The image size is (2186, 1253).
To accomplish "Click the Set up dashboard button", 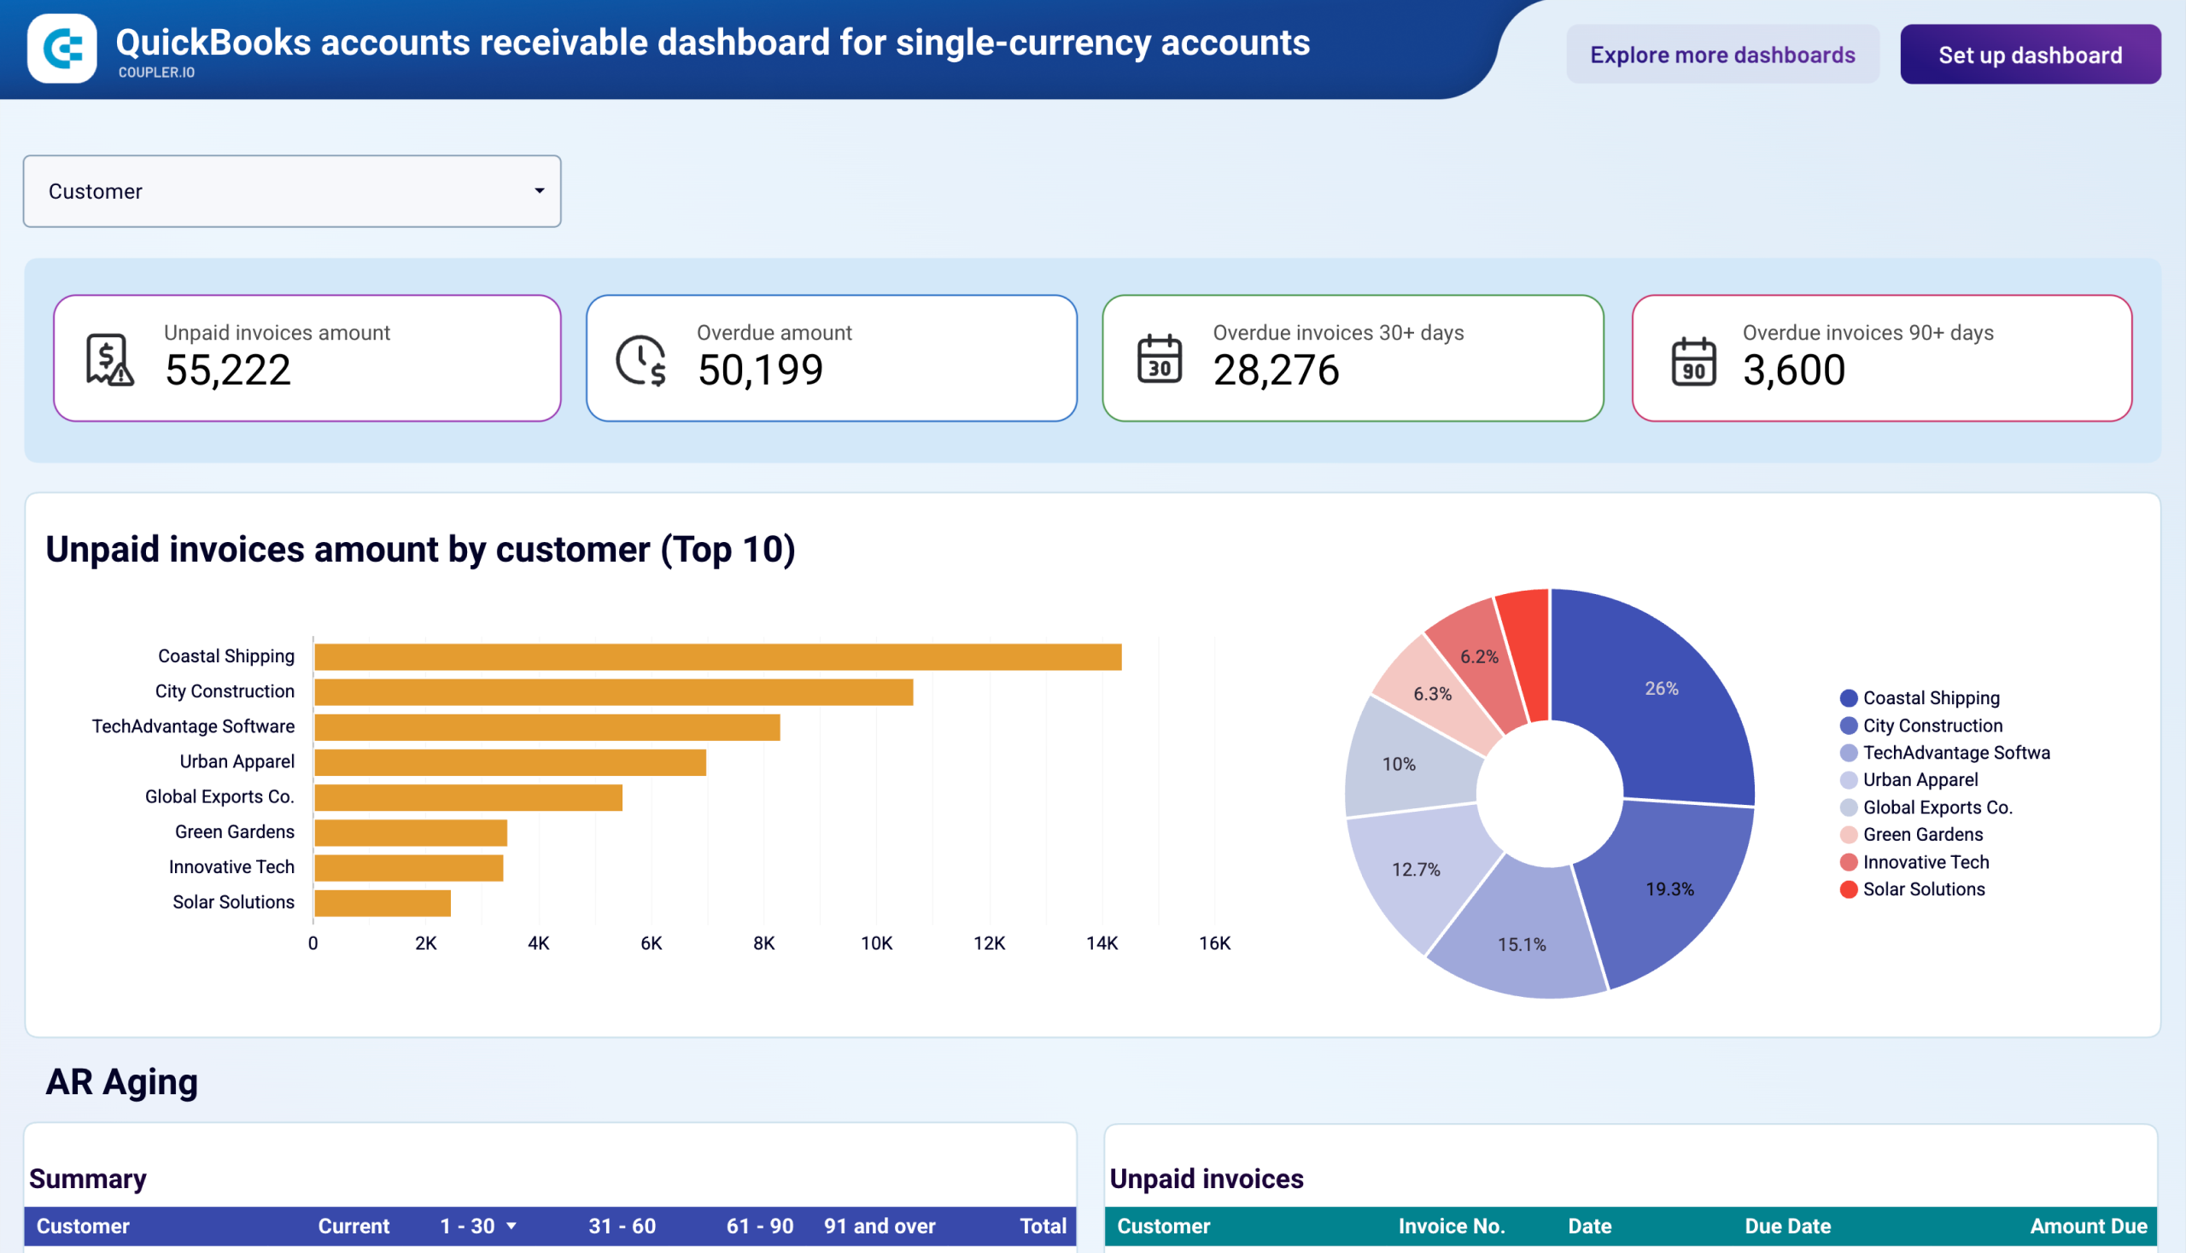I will point(2029,55).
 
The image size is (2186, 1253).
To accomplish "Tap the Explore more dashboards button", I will point(1721,55).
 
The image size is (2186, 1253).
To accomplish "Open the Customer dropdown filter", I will point(292,191).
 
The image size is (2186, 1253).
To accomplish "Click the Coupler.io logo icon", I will point(62,48).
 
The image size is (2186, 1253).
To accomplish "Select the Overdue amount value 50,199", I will point(759,370).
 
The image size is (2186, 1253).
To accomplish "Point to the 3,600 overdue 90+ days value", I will point(1792,370).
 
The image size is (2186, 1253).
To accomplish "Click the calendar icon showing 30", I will point(1159,358).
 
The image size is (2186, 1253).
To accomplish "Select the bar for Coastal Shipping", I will point(716,656).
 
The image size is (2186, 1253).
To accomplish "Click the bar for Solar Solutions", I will point(382,903).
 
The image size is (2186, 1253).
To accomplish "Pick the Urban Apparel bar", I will point(510,762).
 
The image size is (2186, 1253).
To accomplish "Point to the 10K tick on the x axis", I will point(875,943).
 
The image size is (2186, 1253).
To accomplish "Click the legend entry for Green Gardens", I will point(1920,834).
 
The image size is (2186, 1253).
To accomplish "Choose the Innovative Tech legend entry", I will point(1924,861).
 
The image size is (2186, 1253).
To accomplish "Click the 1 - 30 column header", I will point(467,1226).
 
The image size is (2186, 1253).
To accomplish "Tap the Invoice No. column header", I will point(1451,1226).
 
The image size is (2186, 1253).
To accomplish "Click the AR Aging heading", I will point(121,1081).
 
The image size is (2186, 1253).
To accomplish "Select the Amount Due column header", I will point(2087,1226).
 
